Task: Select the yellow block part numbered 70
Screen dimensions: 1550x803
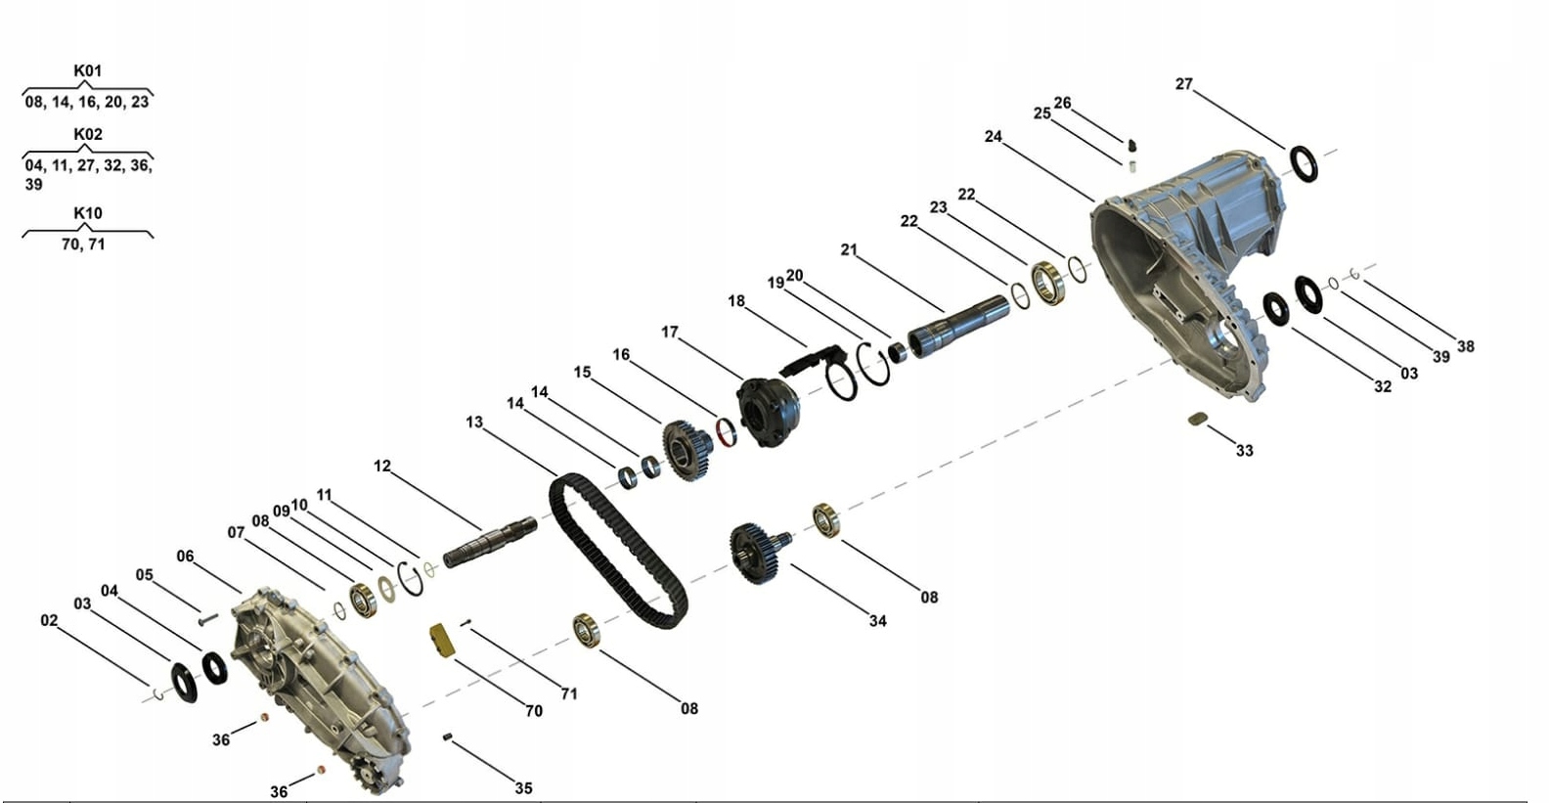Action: (x=442, y=640)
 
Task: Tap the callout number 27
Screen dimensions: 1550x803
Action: (x=1184, y=84)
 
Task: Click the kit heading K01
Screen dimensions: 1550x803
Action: (x=88, y=70)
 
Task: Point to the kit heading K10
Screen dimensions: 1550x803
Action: (x=88, y=213)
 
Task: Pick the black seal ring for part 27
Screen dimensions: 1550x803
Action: (x=1304, y=164)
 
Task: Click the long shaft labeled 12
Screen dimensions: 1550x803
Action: (x=490, y=542)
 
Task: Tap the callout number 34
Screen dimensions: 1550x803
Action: (x=877, y=621)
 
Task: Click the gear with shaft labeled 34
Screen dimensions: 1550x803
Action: (x=758, y=553)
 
